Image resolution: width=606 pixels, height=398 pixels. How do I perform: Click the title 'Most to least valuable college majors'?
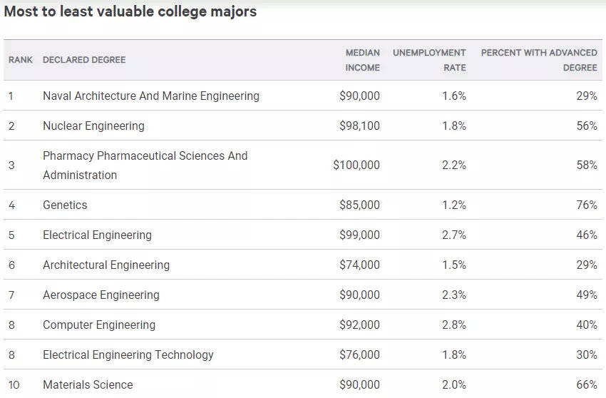(x=130, y=11)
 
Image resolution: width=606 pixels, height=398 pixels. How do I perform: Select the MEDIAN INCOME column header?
(x=362, y=60)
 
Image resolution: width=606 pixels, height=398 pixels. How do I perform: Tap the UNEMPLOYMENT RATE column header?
(x=429, y=60)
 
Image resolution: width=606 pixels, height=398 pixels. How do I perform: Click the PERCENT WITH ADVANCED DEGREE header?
(x=539, y=60)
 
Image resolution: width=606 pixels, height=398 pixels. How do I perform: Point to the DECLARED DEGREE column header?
(x=84, y=60)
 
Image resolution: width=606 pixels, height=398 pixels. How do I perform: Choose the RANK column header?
(x=21, y=60)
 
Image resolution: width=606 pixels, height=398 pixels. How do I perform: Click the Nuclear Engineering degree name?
(x=93, y=126)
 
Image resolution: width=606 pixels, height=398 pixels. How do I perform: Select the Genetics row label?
(x=65, y=205)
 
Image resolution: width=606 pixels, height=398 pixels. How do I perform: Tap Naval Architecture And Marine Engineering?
(x=151, y=96)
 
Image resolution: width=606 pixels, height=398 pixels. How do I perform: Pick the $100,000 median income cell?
(x=356, y=165)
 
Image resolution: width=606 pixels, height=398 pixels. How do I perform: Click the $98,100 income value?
(x=359, y=126)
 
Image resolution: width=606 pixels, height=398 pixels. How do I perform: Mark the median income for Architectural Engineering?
(x=359, y=265)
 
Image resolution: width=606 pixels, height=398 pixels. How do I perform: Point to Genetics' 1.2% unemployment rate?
(x=454, y=205)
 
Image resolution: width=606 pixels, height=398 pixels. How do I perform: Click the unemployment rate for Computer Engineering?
(x=454, y=325)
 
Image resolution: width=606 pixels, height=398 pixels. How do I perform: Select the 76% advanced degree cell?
(x=587, y=205)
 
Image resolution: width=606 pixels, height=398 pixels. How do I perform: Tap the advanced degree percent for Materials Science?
(x=587, y=385)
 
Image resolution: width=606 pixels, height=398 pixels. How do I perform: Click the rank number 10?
(x=14, y=385)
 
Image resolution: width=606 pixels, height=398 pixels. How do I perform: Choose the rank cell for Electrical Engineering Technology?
(x=11, y=355)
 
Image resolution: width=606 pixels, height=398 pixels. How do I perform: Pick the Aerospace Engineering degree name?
(x=101, y=295)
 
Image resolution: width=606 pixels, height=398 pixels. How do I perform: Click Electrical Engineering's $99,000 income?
(x=359, y=235)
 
